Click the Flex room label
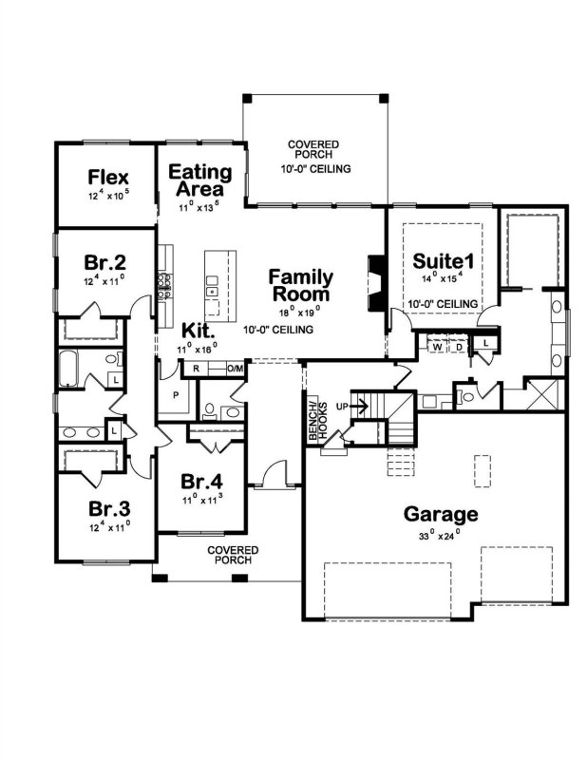click(108, 178)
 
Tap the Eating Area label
click(200, 180)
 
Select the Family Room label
click(300, 285)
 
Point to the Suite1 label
click(443, 261)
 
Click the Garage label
click(441, 514)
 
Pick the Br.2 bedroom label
click(105, 263)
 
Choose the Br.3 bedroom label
click(109, 509)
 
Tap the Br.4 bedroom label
click(201, 482)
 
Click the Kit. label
click(198, 331)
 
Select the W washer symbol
click(437, 347)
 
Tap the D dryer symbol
click(459, 347)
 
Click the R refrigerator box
click(196, 369)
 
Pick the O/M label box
click(236, 369)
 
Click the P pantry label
click(176, 395)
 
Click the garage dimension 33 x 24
click(439, 536)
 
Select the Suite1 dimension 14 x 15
click(443, 278)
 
